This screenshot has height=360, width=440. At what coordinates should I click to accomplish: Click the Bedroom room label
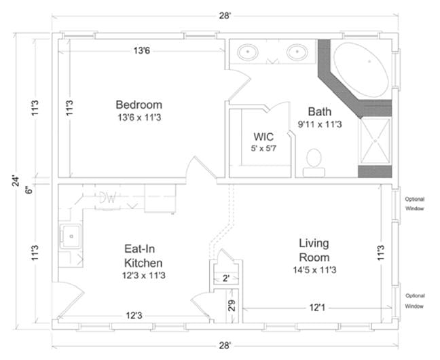pos(139,105)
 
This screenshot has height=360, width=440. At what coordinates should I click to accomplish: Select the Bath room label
pos(319,111)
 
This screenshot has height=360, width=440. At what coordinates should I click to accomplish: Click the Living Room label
pos(314,250)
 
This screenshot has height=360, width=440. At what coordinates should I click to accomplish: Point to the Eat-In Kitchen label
pos(143,256)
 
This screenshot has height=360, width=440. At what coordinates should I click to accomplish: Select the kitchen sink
pos(71,236)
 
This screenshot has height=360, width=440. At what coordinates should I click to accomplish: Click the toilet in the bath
pos(314,160)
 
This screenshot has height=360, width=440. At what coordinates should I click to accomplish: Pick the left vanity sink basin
pos(249,52)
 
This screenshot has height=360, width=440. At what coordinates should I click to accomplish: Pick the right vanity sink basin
pos(297,52)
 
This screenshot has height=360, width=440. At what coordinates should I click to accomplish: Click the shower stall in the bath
pos(375,141)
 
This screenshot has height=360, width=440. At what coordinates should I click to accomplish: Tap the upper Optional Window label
pos(414,204)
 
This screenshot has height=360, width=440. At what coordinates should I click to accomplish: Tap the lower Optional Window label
pos(414,301)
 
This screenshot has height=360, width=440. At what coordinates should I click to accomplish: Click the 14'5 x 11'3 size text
pos(314,270)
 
